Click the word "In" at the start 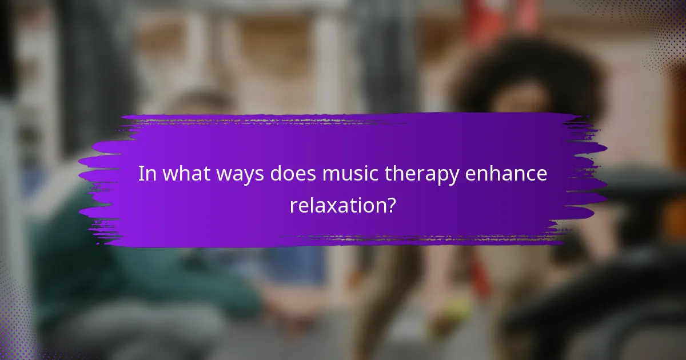pos(147,174)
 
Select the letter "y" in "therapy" pos(453,177)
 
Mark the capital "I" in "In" pos(141,174)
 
